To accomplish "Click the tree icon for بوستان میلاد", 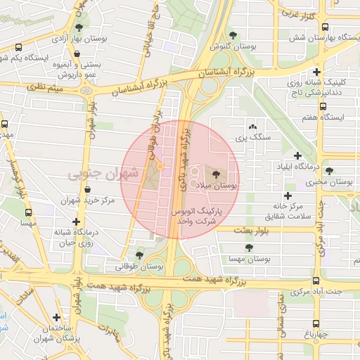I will pyautogui.click(x=215, y=172).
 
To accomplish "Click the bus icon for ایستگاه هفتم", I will pyautogui.click(x=323, y=106).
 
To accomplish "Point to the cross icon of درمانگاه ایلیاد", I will pyautogui.click(x=297, y=155).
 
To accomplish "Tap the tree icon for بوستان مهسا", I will pyautogui.click(x=249, y=247).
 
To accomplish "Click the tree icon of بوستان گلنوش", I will pyautogui.click(x=233, y=36).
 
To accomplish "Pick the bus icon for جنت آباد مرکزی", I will pyautogui.click(x=316, y=280).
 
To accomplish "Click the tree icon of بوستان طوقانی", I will pyautogui.click(x=139, y=255).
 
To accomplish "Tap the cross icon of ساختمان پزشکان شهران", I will pyautogui.click(x=57, y=317).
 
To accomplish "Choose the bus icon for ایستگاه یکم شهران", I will pyautogui.click(x=18, y=48).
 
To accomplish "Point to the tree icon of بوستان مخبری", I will pyautogui.click(x=329, y=171).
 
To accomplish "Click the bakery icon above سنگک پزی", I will pyautogui.click(x=252, y=125).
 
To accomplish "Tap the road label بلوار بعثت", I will pyautogui.click(x=233, y=231).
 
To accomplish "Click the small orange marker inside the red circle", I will pyautogui.click(x=160, y=167).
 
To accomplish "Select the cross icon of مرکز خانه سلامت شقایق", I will pyautogui.click(x=286, y=196).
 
